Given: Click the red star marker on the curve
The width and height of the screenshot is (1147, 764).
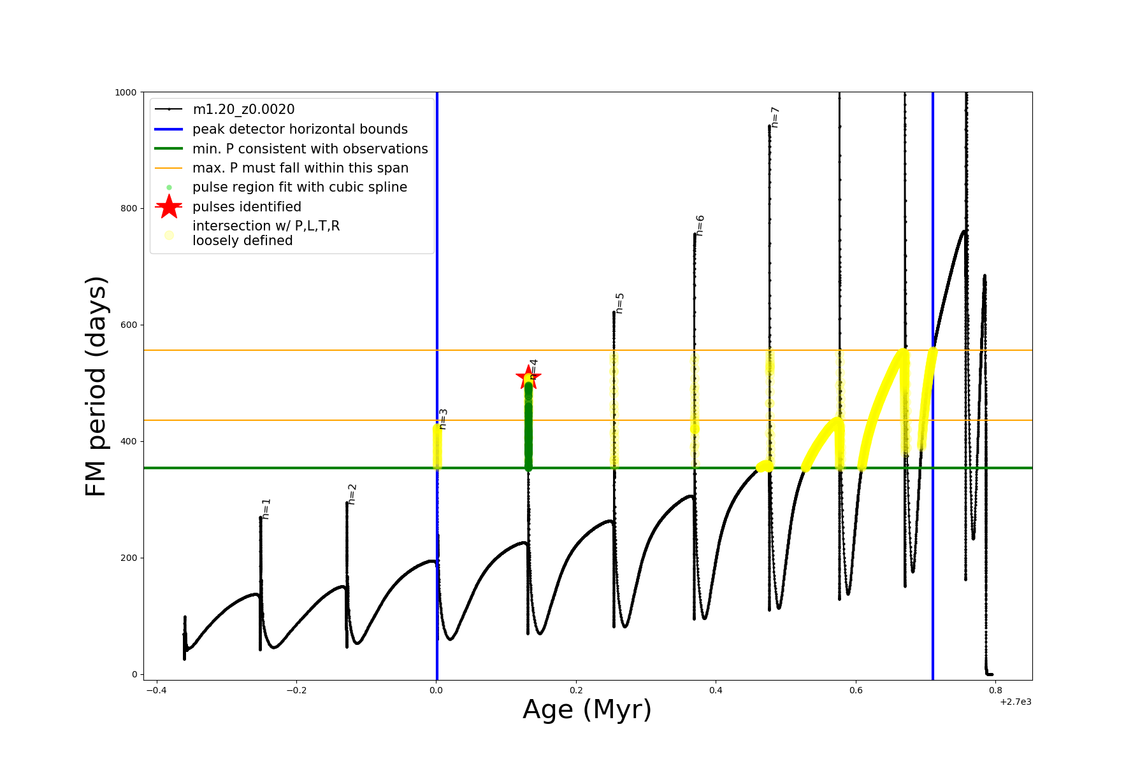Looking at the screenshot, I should coord(528,377).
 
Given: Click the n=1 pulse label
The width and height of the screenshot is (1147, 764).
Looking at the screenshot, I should coord(266,509).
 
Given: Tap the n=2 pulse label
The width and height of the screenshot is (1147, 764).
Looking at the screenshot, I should coord(352,494).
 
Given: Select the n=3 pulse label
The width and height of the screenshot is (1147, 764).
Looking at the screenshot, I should coord(443,419).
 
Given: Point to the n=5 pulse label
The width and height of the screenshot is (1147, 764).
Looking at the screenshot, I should coord(619,303).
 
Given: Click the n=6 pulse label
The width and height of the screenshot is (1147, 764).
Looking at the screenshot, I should coord(700,225).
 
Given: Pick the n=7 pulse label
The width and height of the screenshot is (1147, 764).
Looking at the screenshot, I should coord(775,117).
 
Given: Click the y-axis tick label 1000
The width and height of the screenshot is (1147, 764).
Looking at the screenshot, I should coord(126,92).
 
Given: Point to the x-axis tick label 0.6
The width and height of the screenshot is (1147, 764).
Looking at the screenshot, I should coord(856,690).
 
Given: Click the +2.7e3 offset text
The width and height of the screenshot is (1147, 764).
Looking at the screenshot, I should coord(1015,702).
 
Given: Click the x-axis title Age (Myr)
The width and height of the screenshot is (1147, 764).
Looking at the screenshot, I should coord(587,710).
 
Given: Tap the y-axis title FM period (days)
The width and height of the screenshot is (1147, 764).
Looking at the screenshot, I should coord(96,386).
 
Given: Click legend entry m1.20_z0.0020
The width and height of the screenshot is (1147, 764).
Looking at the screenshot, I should coord(243,110).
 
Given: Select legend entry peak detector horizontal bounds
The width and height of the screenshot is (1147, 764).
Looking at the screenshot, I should coord(299,129).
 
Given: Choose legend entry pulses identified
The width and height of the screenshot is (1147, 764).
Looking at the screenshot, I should coord(247,207).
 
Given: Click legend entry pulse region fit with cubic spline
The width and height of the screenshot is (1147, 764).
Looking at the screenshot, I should coord(299,187).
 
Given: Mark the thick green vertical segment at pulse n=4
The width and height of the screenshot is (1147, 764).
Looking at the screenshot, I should coord(528,427).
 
